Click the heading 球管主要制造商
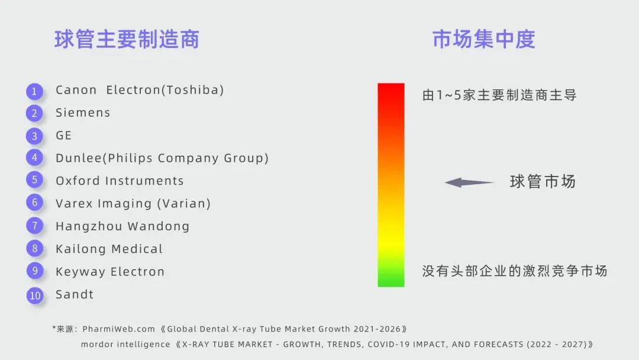(x=127, y=40)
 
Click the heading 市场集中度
(x=484, y=40)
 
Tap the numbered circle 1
(x=35, y=91)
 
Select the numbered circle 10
(x=35, y=295)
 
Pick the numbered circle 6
(x=35, y=202)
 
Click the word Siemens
(x=83, y=112)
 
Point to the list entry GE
(x=63, y=136)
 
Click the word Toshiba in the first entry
(x=192, y=90)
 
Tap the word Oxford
(x=78, y=181)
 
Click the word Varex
(x=74, y=204)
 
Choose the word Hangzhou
(x=89, y=226)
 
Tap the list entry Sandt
(x=75, y=294)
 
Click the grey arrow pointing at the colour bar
(x=469, y=182)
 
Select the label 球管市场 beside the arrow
(x=543, y=181)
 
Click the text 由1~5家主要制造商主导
(x=499, y=95)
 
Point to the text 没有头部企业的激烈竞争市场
(x=515, y=271)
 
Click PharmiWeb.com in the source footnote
(x=118, y=329)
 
